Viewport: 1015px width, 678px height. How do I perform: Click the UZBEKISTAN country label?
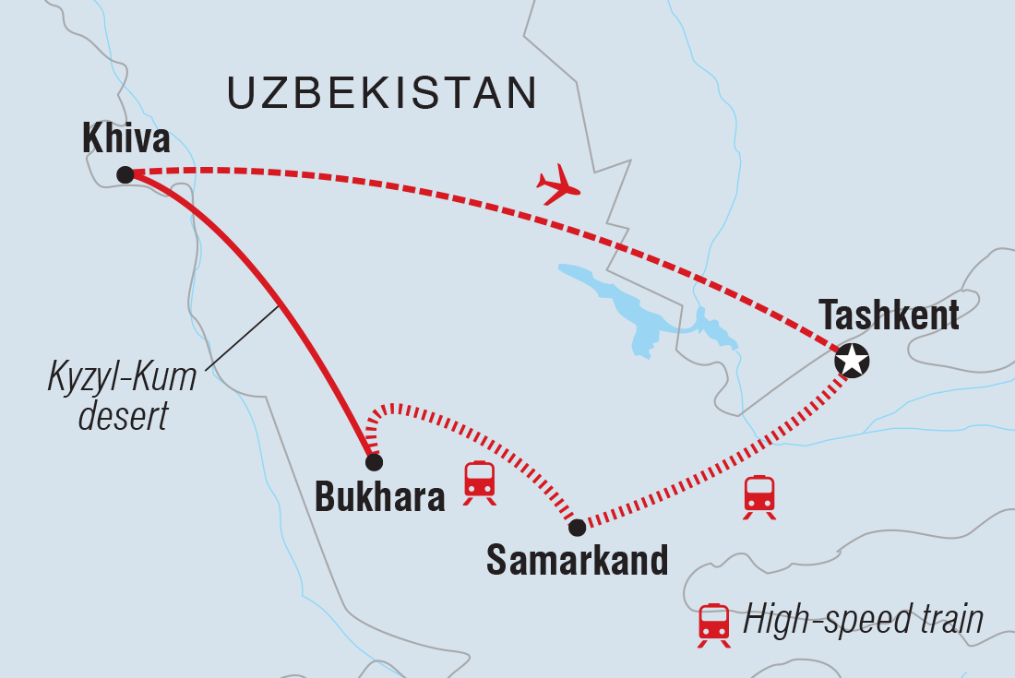coord(381,93)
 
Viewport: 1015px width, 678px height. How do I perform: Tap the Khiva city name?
coord(125,139)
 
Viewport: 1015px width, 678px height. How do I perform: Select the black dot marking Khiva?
coord(125,174)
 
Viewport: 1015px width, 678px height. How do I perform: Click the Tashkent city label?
coord(889,316)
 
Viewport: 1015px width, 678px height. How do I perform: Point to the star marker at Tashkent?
coord(851,362)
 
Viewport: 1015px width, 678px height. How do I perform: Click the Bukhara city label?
coord(379,497)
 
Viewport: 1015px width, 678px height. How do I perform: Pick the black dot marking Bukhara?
coord(373,462)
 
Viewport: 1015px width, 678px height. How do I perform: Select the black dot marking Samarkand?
coord(577,528)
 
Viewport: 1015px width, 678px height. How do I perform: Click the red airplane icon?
coord(557,184)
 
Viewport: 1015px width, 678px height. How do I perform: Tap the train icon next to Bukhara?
coord(479,482)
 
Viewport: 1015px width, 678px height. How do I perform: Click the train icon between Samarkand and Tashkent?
coord(758,496)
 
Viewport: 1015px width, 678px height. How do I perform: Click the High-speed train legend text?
coord(863,621)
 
